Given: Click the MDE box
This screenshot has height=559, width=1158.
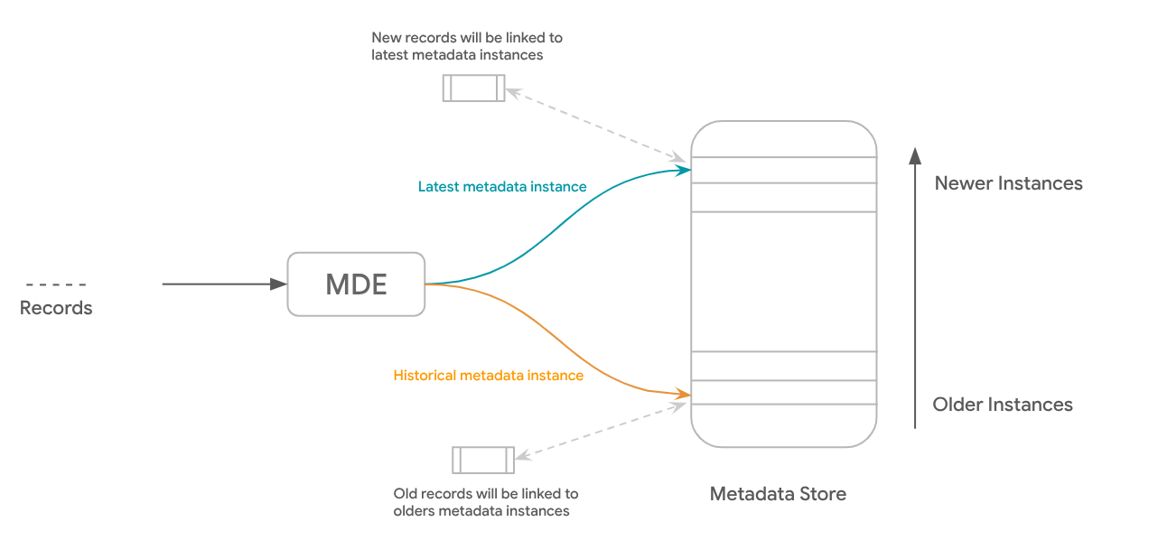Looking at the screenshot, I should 356,284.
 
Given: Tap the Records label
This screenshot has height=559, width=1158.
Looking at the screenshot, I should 56,308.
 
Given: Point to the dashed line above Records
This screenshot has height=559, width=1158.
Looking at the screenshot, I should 56,284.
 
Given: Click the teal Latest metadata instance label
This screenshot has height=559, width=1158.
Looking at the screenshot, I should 502,187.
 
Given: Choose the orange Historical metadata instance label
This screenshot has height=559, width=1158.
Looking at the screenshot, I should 489,376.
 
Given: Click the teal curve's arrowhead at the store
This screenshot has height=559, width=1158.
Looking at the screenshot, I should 684,169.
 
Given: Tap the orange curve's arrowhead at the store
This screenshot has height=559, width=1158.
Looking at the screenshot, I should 684,395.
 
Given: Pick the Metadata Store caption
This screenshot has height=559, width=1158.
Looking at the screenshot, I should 778,494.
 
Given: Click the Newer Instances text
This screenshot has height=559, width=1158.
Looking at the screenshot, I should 1008,183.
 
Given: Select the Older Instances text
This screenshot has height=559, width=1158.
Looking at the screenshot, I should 1003,405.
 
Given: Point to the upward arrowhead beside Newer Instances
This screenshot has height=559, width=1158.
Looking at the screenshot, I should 915,155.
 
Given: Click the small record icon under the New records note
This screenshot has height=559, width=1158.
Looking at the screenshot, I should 473,89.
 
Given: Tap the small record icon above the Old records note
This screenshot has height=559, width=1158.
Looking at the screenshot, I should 483,460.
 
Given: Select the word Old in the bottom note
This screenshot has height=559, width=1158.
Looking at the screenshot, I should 406,494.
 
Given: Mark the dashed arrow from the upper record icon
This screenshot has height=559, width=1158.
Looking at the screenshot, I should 596,125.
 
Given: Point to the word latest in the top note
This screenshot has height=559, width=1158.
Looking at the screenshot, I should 389,55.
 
